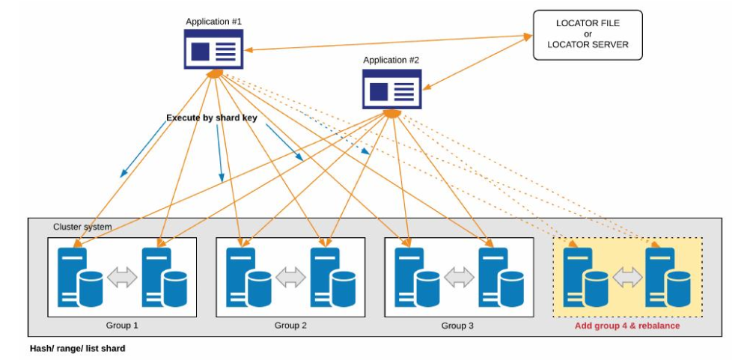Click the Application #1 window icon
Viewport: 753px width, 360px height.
pyautogui.click(x=214, y=51)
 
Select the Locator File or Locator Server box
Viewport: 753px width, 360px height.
pyautogui.click(x=588, y=34)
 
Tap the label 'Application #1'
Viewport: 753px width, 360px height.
pyautogui.click(x=214, y=22)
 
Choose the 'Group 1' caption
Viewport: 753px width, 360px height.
pyautogui.click(x=123, y=326)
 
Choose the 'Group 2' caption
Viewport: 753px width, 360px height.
pyautogui.click(x=290, y=326)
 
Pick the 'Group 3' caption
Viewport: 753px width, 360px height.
pyautogui.click(x=457, y=326)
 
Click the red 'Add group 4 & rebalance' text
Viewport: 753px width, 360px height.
pyautogui.click(x=627, y=326)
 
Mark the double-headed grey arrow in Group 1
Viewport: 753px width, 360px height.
pyautogui.click(x=123, y=278)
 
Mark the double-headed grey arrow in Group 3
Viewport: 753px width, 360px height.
pyautogui.click(x=458, y=278)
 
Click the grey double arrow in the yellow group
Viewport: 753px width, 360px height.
pyautogui.click(x=627, y=278)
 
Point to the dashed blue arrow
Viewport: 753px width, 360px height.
pyautogui.click(x=337, y=135)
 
